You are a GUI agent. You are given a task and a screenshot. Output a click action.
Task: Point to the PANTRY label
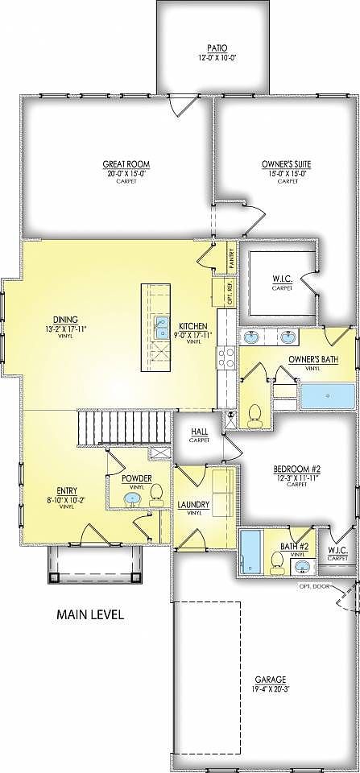[230, 258]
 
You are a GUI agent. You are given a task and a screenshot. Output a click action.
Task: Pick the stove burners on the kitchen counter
[225, 357]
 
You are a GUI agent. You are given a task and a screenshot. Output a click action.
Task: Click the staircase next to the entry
[124, 426]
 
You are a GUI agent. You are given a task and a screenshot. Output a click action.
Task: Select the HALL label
[199, 432]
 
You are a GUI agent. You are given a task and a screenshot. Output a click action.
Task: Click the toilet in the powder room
[155, 493]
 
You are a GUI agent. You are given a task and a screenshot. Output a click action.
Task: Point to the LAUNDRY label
[193, 505]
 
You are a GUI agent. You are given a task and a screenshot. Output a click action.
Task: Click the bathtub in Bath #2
[248, 552]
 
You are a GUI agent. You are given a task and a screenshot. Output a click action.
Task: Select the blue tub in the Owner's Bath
[326, 396]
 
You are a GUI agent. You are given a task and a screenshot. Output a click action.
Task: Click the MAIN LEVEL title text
[89, 614]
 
